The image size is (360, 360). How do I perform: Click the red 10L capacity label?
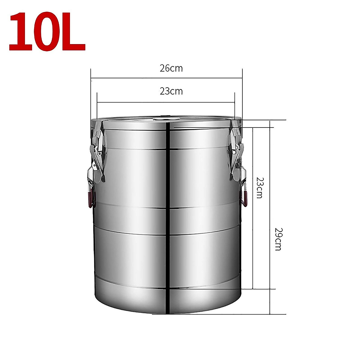47,32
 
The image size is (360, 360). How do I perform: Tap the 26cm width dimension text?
171,68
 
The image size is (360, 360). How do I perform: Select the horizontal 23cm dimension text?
171,91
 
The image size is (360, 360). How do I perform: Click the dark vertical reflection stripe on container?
169,210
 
